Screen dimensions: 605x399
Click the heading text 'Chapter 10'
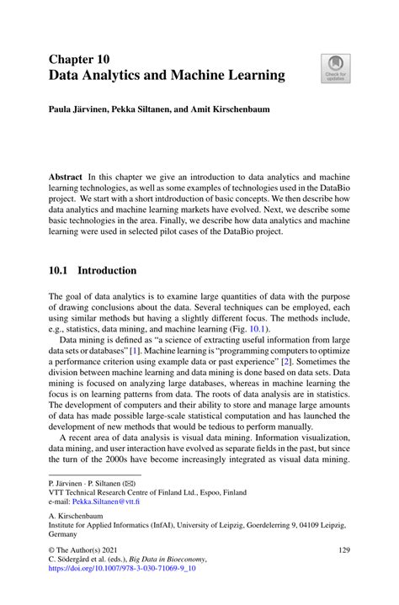tap(78, 60)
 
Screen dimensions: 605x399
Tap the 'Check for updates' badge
tap(334, 69)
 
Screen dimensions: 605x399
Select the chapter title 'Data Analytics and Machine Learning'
tap(167, 77)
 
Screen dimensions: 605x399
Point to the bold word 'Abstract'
tap(66, 178)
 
